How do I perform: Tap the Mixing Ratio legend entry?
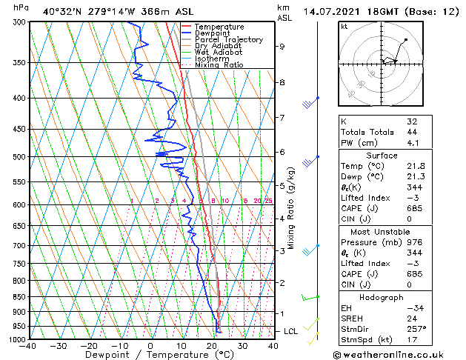pyautogui.click(x=219, y=65)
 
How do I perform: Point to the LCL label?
pyautogui.click(x=290, y=331)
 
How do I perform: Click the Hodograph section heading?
pyautogui.click(x=382, y=296)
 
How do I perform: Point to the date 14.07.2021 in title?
pyautogui.click(x=331, y=11)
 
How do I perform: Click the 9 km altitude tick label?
pyautogui.click(x=282, y=47)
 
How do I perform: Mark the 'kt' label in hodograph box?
pyautogui.click(x=344, y=26)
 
